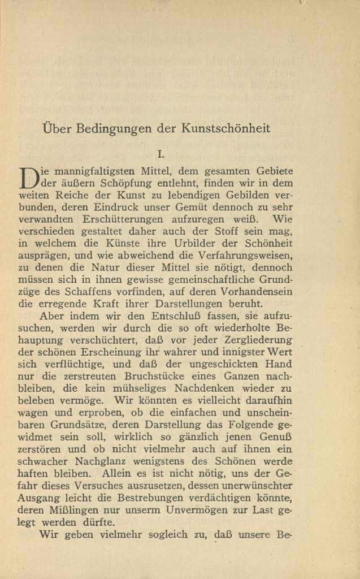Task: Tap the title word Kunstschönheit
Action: coord(225,128)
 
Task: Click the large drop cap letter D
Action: coord(28,177)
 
